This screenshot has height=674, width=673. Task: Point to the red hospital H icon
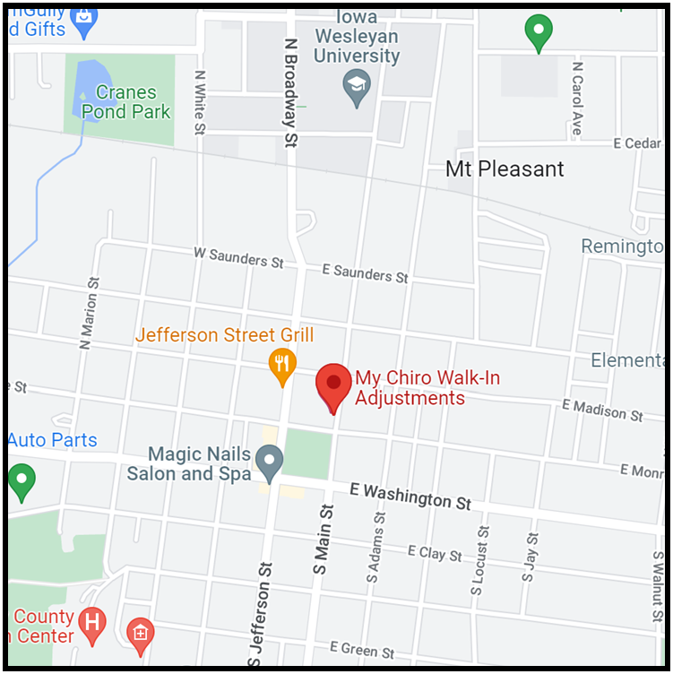91,621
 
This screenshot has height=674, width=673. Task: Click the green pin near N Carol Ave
538,30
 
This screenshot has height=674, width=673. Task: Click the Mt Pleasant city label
505,168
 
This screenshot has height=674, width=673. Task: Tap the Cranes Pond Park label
125,101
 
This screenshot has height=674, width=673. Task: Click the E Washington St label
410,496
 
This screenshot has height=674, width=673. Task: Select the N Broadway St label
289,92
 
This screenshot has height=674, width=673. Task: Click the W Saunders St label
238,257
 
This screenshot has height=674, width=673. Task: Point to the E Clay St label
435,553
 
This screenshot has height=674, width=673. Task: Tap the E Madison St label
602,410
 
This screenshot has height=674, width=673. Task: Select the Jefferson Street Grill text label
224,335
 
